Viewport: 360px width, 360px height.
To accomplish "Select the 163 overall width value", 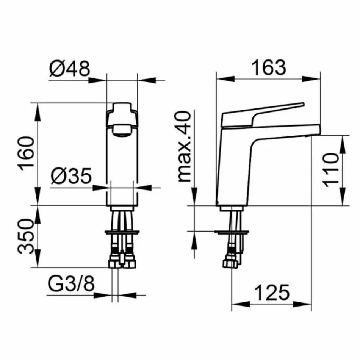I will pyautogui.click(x=269, y=67).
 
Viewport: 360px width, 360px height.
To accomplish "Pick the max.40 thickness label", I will pyautogui.click(x=185, y=147).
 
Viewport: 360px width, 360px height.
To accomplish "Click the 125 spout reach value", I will pyautogui.click(x=272, y=293).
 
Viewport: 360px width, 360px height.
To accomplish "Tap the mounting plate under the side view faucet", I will pyautogui.click(x=232, y=231).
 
